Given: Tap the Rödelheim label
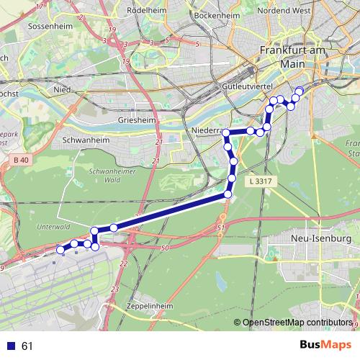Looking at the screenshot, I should click(x=147, y=11).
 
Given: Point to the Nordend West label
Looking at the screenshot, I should click(x=284, y=11).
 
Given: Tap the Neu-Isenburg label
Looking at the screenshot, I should click(x=320, y=238).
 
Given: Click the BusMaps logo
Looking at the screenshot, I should click(x=326, y=346).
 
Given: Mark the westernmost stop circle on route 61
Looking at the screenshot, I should click(x=60, y=250).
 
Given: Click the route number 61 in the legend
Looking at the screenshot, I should click(x=27, y=346).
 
